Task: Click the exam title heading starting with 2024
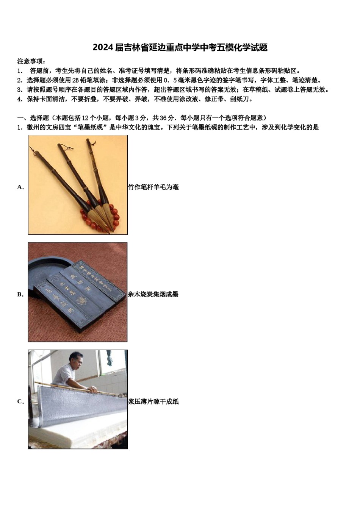click(180, 48)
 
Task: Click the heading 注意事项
click(31, 61)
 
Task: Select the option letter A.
click(20, 187)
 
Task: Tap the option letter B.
click(20, 294)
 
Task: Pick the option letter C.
click(20, 401)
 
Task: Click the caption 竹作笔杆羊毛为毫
click(153, 187)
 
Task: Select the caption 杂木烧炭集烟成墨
click(153, 294)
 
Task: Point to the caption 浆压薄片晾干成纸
click(153, 401)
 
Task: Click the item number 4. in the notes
click(20, 99)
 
